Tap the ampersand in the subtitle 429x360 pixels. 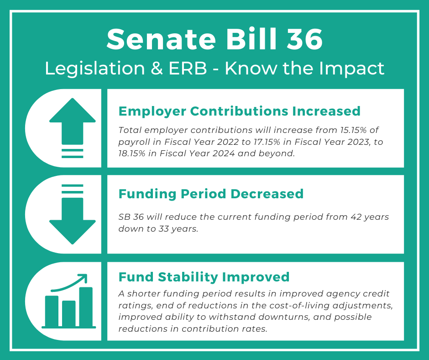click(157, 69)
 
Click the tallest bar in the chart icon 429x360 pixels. click(86, 307)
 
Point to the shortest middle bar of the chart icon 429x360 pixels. click(68, 313)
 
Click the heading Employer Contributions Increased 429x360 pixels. click(240, 111)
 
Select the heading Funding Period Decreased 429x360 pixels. click(211, 194)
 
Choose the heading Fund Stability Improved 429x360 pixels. click(204, 277)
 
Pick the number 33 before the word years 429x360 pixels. click(163, 229)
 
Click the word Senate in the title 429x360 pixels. click(162, 39)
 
